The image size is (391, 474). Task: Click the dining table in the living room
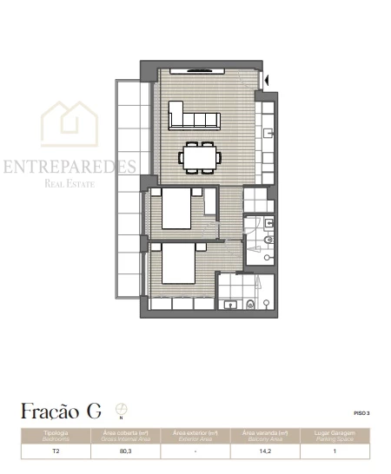click(x=202, y=157)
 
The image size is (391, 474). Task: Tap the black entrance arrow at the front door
click(x=268, y=82)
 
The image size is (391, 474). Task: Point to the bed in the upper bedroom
click(x=179, y=210)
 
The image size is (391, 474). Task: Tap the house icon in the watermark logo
click(x=70, y=124)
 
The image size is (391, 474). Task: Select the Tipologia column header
click(x=56, y=434)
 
